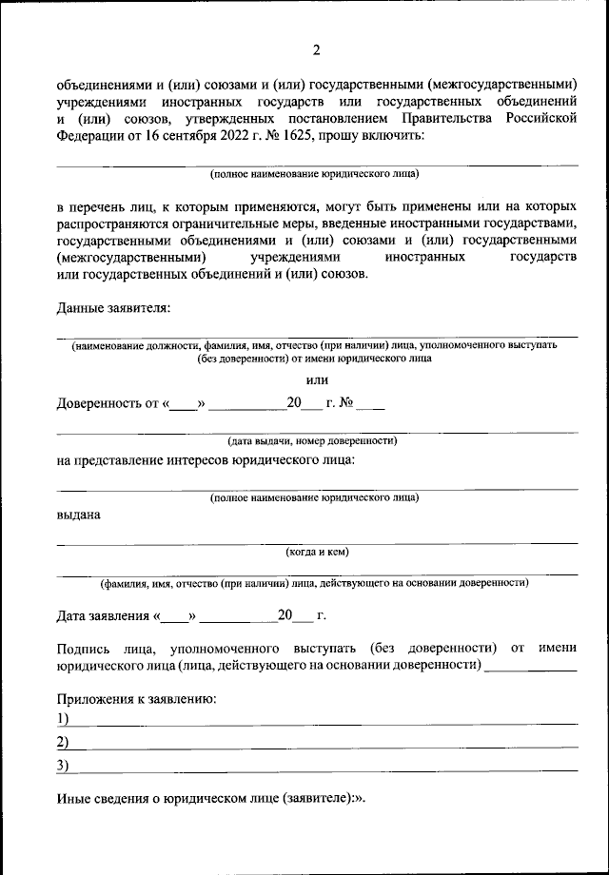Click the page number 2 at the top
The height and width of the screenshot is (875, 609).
[x=317, y=49]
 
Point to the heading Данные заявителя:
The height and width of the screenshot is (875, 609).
[x=113, y=308]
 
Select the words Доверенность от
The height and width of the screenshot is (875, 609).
[x=107, y=403]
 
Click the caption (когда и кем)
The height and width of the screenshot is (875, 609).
[x=323, y=551]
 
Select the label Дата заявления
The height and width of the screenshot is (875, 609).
[x=102, y=615]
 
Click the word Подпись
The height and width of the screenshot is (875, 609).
[x=83, y=647]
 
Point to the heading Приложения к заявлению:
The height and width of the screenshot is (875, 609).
[x=136, y=699]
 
